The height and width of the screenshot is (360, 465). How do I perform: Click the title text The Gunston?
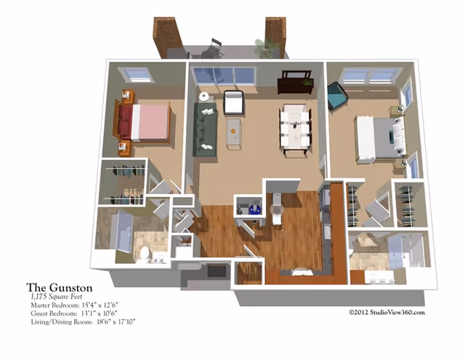[60, 287]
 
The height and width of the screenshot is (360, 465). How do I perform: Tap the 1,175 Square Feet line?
[57, 297]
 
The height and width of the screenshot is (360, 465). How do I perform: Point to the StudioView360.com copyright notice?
[387, 312]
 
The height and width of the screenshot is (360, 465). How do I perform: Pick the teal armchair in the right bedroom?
[337, 96]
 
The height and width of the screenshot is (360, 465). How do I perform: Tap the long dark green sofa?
[205, 129]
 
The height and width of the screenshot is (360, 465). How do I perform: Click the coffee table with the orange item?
[234, 134]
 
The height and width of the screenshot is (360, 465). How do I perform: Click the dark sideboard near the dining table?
[295, 82]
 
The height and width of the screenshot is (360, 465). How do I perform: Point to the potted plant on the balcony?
[267, 47]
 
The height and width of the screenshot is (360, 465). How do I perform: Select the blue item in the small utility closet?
[255, 209]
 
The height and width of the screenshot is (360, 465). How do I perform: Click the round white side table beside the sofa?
[204, 97]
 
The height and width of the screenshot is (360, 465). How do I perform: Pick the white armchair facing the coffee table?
[234, 103]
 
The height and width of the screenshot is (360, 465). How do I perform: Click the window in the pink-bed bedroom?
[136, 74]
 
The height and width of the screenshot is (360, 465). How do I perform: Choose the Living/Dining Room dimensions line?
[83, 321]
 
